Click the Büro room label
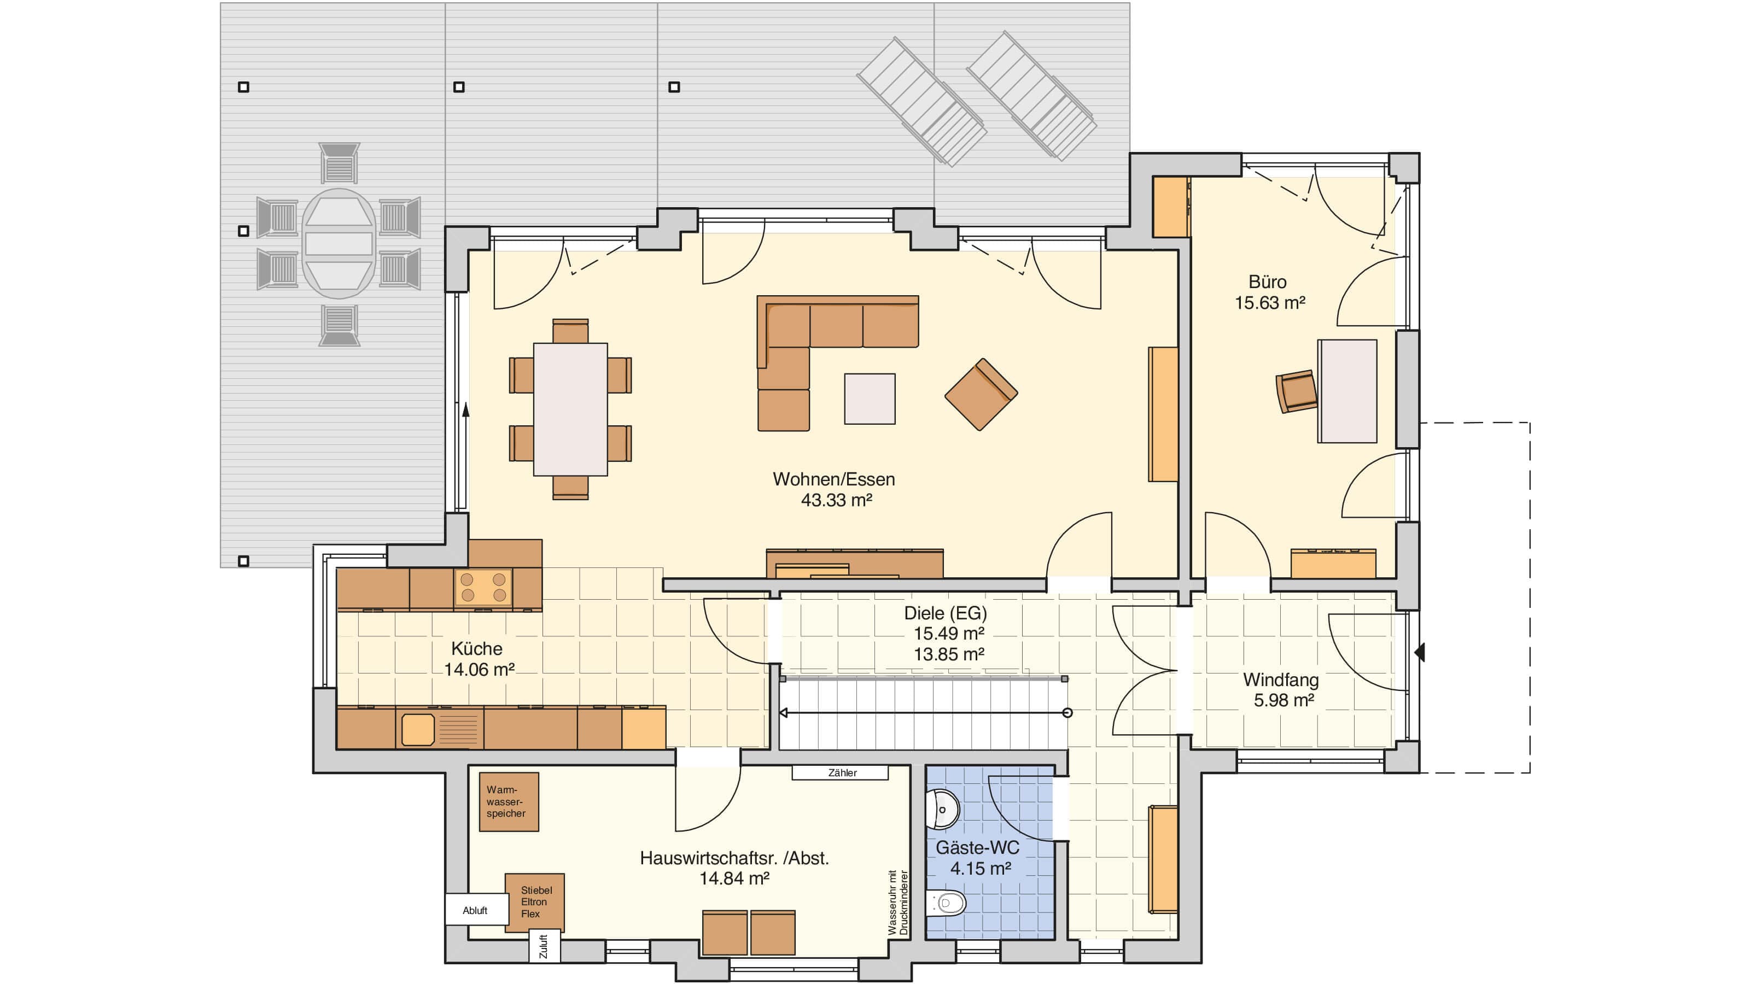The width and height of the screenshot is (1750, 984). click(x=1267, y=282)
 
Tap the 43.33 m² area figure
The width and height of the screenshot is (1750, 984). click(x=836, y=501)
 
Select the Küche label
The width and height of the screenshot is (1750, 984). click(x=477, y=648)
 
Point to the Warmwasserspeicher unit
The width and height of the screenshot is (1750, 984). click(x=509, y=802)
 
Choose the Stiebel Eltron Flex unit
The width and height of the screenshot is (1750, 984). click(x=535, y=903)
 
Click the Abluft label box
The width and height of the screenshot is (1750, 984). click(x=476, y=911)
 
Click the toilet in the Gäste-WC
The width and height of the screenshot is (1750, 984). click(x=946, y=903)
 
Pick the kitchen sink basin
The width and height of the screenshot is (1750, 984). click(x=418, y=729)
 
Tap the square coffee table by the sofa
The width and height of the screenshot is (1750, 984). click(x=870, y=399)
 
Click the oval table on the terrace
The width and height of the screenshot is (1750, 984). click(x=339, y=244)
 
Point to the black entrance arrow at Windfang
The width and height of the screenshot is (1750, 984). click(x=1419, y=653)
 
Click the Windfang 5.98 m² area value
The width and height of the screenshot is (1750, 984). click(x=1284, y=700)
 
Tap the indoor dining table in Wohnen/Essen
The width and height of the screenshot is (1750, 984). click(x=570, y=409)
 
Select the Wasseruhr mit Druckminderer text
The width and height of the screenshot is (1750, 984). click(x=898, y=903)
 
